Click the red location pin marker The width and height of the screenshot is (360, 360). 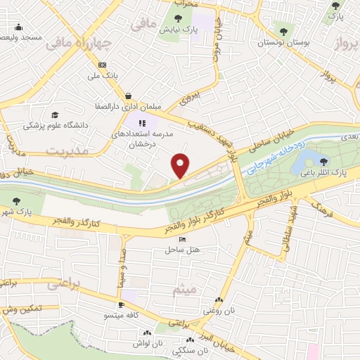coord(181,165)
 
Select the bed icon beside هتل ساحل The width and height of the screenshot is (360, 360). coord(184,240)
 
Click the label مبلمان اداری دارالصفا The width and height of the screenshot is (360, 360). coord(128,106)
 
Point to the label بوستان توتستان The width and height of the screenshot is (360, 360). coord(283,43)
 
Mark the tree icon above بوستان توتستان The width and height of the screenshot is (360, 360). coord(284,31)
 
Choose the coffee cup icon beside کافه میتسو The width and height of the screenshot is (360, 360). coord(122,304)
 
